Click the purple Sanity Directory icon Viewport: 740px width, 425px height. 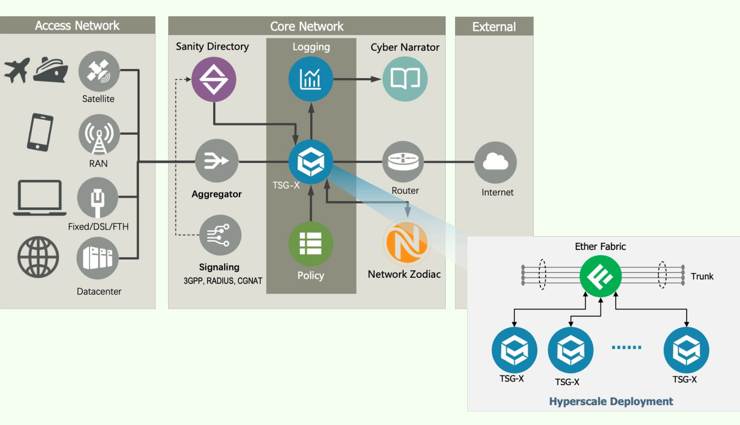(x=214, y=79)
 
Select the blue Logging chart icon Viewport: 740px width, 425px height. (x=311, y=79)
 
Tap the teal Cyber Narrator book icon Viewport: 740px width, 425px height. (x=405, y=79)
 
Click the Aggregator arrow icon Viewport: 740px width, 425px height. (x=217, y=161)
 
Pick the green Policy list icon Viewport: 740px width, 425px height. (x=311, y=244)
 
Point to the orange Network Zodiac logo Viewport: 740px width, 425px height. (x=407, y=243)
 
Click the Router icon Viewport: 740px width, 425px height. (x=403, y=161)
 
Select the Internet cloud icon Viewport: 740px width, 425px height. (x=495, y=162)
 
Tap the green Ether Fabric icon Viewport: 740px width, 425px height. (x=600, y=276)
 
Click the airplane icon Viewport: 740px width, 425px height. (x=17, y=70)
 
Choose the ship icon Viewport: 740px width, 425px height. (x=50, y=70)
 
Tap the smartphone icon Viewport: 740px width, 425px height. (x=40, y=132)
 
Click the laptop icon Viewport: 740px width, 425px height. (x=39, y=198)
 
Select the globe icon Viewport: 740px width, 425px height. (x=38, y=257)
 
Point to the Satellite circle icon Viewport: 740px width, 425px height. (x=99, y=72)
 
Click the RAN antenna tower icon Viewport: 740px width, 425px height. (x=99, y=135)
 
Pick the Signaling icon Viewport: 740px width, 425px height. (x=220, y=235)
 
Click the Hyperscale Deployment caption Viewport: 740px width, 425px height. (x=611, y=401)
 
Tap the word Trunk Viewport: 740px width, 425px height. (x=702, y=277)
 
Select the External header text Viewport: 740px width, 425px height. (x=494, y=27)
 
